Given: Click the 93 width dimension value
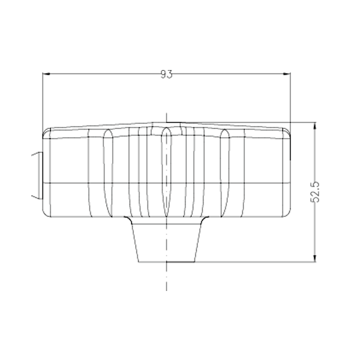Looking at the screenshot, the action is pos(166,74).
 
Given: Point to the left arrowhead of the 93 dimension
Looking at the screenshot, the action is pos(46,73).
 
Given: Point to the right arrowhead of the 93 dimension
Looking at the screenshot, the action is pos(287,73).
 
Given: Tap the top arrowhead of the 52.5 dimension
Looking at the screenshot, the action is pos(315,126).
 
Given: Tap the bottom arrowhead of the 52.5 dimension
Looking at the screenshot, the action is pos(315,258).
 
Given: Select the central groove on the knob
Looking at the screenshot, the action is pos(166,172).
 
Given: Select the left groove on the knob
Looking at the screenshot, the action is pos(108,173).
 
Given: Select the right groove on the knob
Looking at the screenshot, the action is pos(225,173).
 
